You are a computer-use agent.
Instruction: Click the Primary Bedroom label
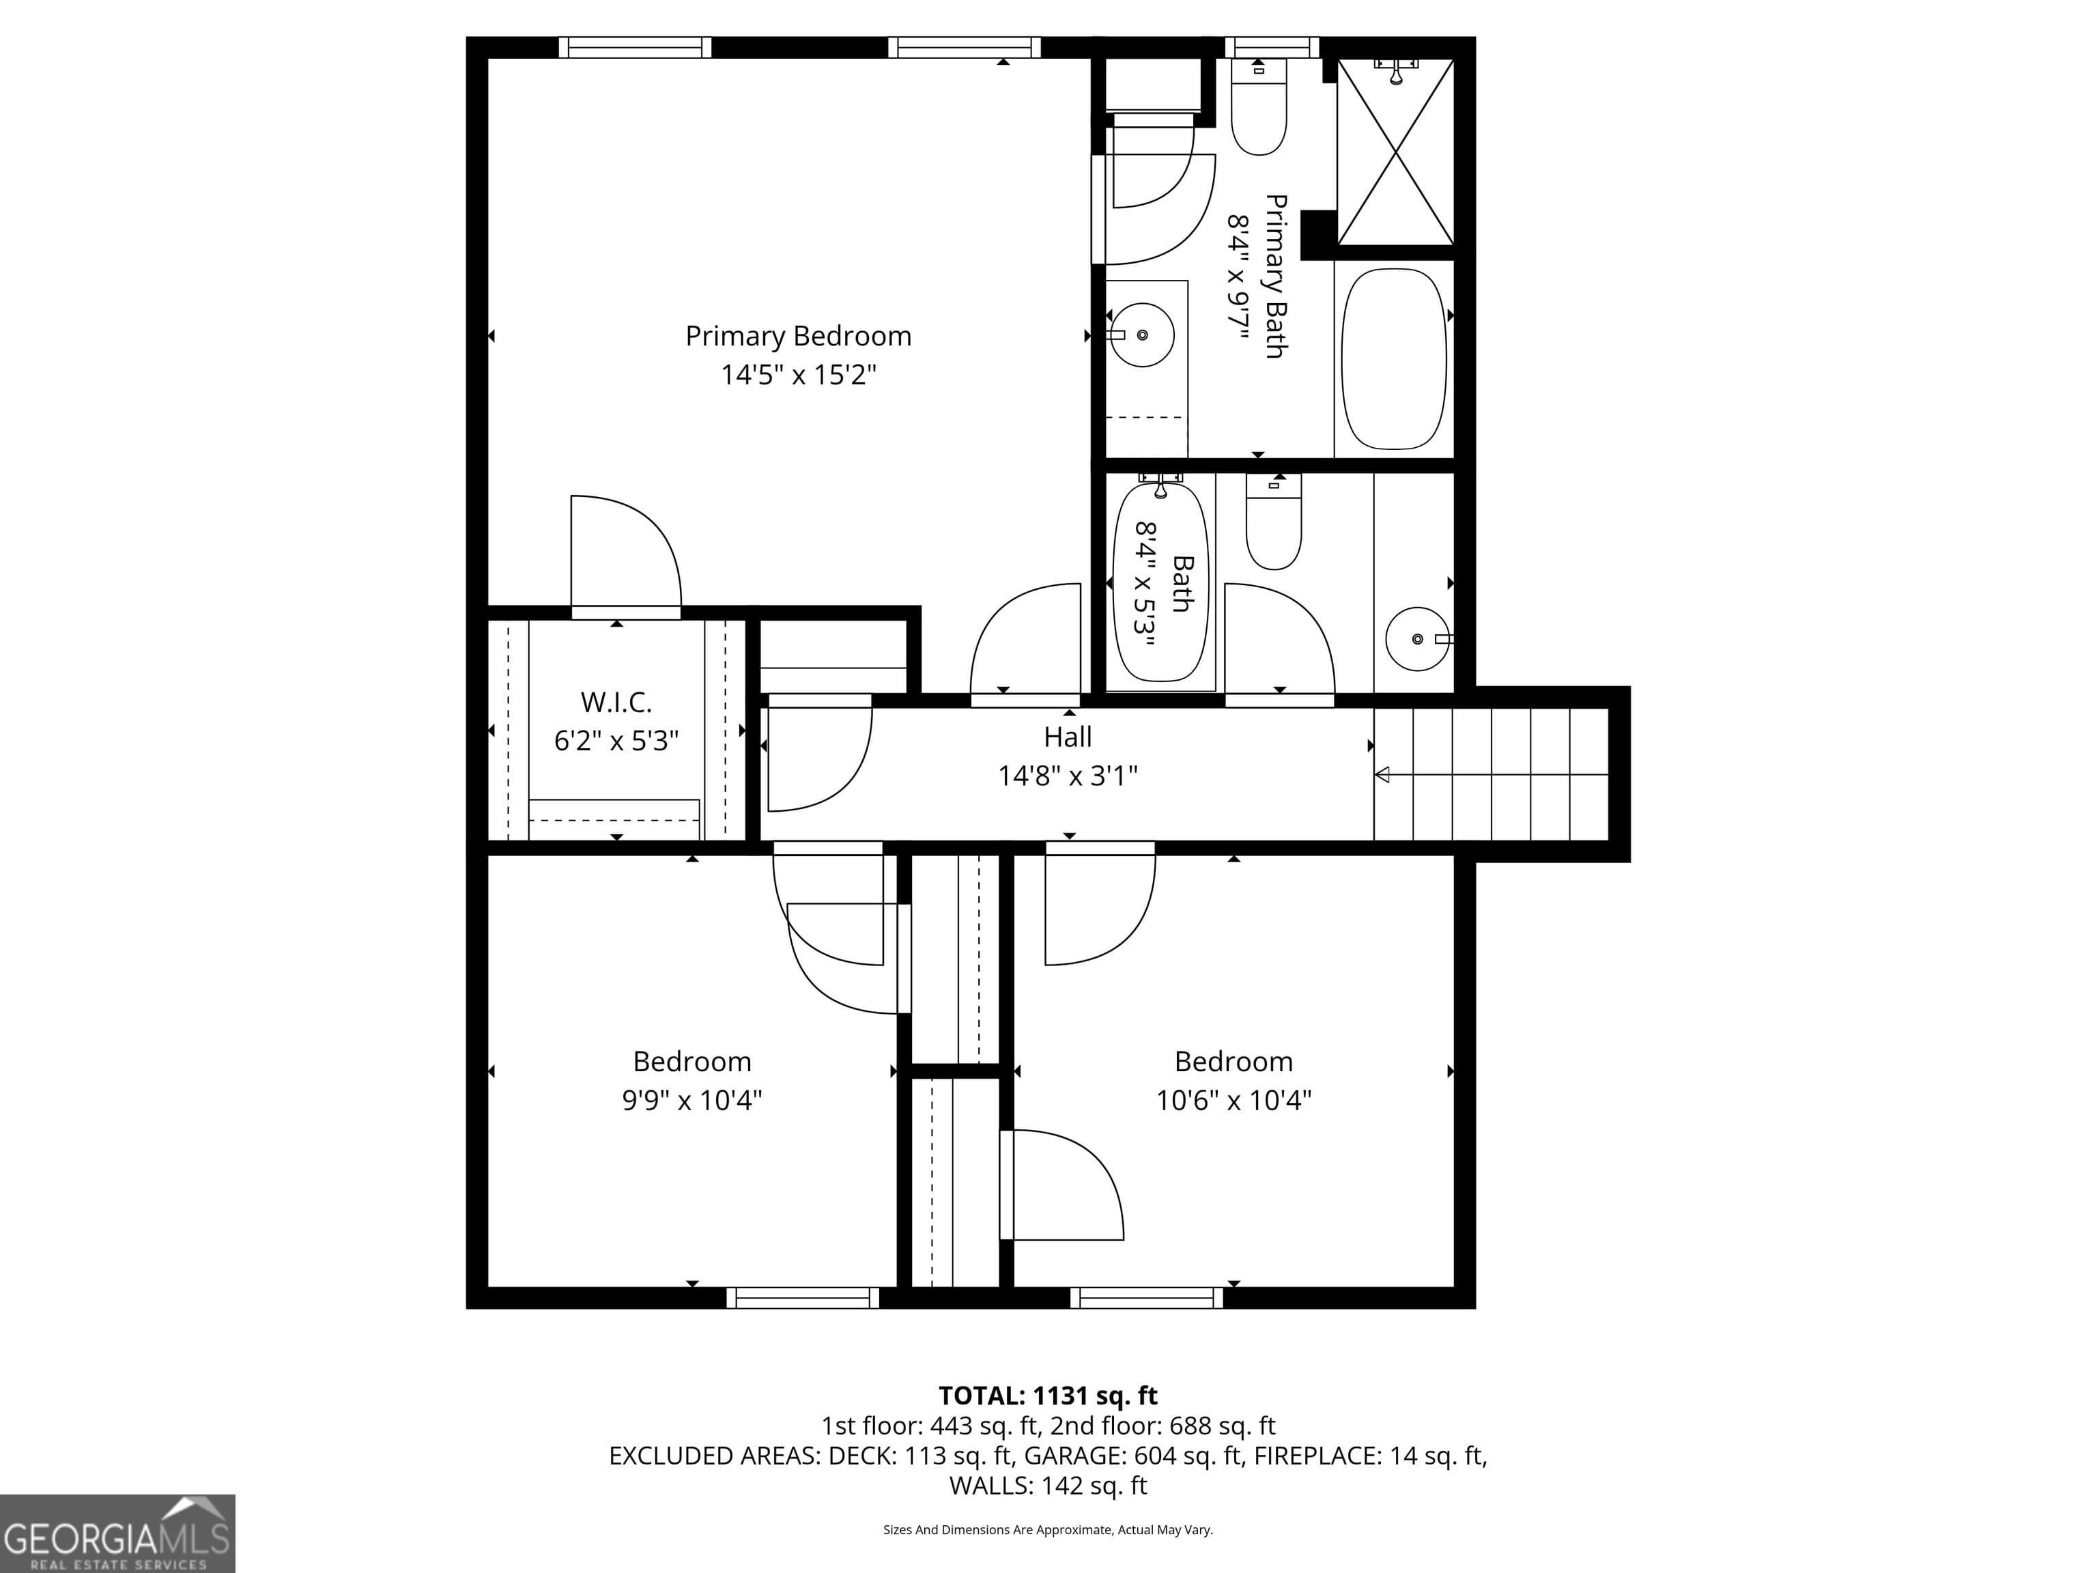[x=798, y=337]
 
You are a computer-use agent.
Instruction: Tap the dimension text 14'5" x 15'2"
[x=798, y=375]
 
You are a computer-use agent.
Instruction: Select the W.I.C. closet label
[x=616, y=703]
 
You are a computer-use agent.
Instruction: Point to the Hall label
[x=1068, y=737]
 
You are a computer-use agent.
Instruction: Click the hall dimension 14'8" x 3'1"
[x=1068, y=776]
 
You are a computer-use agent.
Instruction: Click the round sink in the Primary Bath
[x=1141, y=335]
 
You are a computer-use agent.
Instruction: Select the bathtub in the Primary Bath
[x=1394, y=358]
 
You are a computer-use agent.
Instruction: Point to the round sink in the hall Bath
[x=1417, y=639]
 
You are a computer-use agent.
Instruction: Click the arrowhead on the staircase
[x=1382, y=775]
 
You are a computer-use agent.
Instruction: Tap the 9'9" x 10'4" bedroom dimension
[x=692, y=1100]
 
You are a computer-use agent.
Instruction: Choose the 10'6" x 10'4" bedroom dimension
[x=1233, y=1100]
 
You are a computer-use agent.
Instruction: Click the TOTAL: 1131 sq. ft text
[x=1048, y=1395]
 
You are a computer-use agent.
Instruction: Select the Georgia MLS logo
[x=117, y=1534]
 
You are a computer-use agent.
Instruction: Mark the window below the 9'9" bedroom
[x=803, y=1298]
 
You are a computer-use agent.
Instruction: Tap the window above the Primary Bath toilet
[x=1272, y=47]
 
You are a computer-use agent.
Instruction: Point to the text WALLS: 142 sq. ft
[x=1048, y=1486]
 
